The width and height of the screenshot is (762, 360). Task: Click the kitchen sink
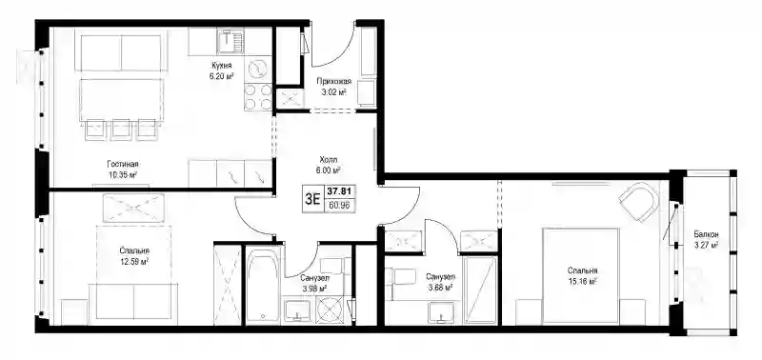(231, 41)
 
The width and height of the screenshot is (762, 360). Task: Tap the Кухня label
(221, 66)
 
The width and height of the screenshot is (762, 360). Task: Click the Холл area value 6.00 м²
(329, 170)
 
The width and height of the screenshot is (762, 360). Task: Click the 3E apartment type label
(312, 199)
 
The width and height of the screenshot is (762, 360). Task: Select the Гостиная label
(120, 164)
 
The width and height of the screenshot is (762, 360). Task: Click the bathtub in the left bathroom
(263, 286)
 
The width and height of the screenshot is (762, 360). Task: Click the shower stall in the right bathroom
(480, 290)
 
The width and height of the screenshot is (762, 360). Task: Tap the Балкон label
(706, 234)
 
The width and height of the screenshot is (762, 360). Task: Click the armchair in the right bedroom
(639, 200)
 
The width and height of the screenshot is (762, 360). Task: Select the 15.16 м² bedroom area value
(583, 281)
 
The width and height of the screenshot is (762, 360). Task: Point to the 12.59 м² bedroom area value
(134, 261)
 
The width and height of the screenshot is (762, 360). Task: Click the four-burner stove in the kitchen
(258, 97)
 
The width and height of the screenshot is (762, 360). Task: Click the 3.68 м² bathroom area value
(440, 288)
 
